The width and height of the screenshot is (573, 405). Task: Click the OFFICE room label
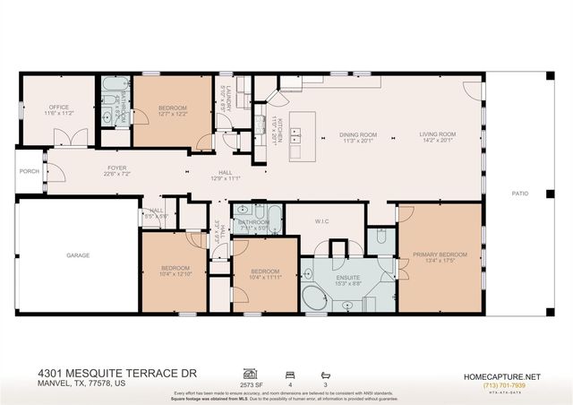pos(59,107)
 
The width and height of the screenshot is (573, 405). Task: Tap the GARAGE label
pos(78,255)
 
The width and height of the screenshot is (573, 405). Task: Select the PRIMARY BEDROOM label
pos(440,254)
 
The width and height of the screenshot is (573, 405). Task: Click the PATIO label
pos(519,192)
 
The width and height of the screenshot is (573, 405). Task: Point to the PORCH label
pos(30,171)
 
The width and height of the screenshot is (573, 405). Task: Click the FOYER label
pos(117,168)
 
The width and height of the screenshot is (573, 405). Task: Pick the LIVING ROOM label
pos(438,135)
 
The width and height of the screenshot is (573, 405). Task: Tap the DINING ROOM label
pos(357,135)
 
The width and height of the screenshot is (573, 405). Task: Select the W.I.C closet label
pos(324,220)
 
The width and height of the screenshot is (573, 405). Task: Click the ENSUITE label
pos(348,278)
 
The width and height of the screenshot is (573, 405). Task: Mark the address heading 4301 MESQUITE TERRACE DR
pos(116,371)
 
